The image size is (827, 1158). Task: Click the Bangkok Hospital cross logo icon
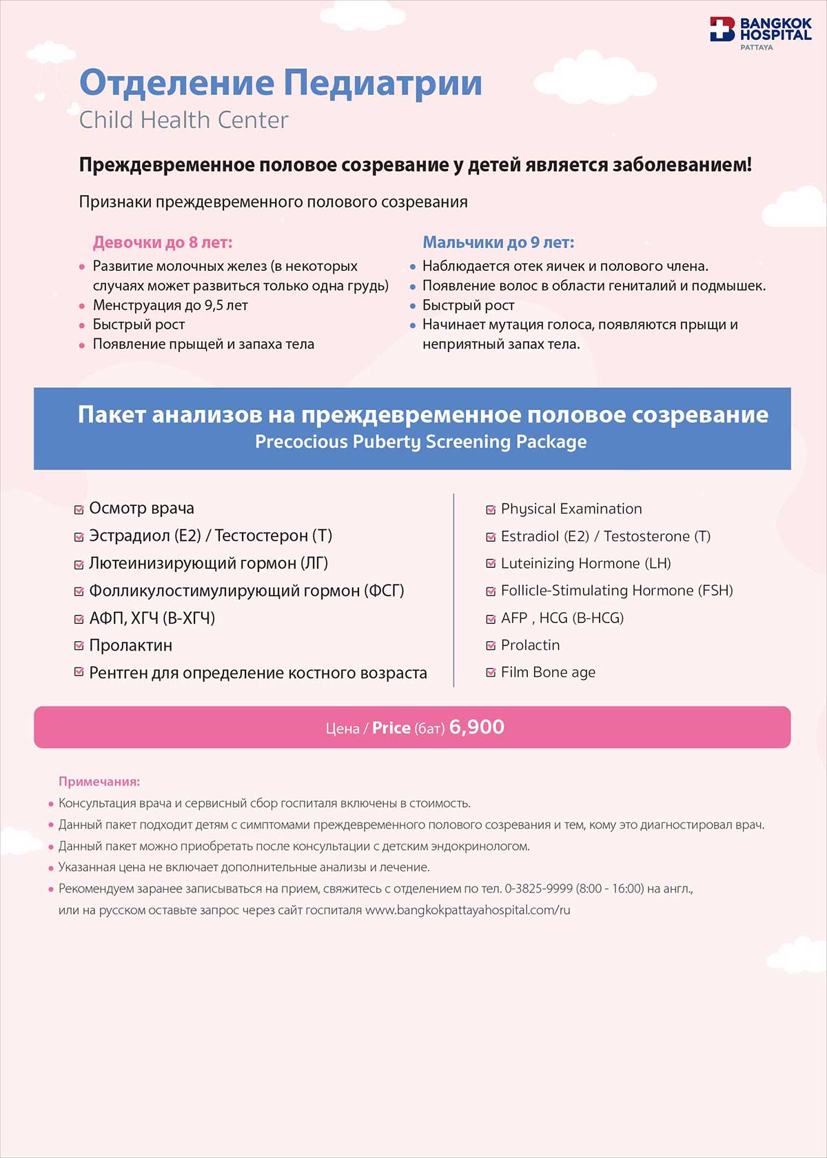tap(722, 30)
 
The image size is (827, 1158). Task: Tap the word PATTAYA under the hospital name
tap(757, 48)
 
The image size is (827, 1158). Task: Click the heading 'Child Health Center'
tap(183, 120)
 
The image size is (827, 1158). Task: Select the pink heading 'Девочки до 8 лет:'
tap(163, 243)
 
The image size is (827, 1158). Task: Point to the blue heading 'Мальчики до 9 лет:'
tap(498, 243)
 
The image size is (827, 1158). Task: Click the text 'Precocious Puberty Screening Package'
tap(420, 442)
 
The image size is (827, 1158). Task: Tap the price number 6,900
tap(476, 727)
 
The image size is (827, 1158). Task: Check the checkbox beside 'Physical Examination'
tap(491, 510)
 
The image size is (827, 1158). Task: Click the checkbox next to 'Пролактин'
tap(79, 646)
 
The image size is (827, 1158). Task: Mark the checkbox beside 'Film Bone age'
tap(491, 673)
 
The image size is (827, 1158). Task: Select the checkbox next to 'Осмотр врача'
tap(79, 509)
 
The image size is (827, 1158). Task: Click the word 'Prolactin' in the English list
tap(530, 645)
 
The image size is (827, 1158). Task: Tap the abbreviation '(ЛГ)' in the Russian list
tap(314, 563)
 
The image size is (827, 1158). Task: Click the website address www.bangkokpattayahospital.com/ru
tap(468, 910)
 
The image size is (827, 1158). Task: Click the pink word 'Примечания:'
tap(99, 782)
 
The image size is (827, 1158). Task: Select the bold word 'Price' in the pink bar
tap(391, 728)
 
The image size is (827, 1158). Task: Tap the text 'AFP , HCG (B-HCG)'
tap(562, 618)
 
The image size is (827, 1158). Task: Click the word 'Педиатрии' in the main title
tap(382, 83)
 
